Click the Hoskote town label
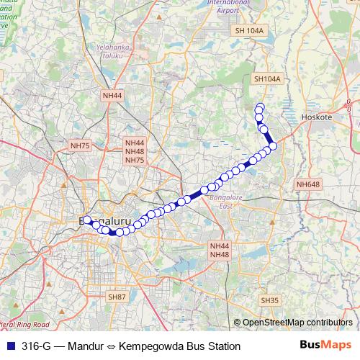[318, 117]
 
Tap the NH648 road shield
[307, 185]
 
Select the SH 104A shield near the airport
[250, 31]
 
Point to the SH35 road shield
[270, 300]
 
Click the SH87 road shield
[117, 297]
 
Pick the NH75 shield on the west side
[80, 145]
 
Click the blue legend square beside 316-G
[9, 346]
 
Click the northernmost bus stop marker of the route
[260, 108]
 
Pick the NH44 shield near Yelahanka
[112, 95]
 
